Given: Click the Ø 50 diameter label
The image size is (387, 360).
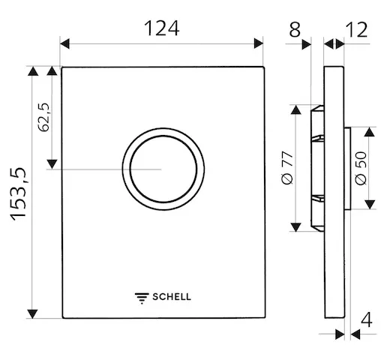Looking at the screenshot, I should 361,169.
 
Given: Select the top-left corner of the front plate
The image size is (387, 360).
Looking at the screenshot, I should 61,68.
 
